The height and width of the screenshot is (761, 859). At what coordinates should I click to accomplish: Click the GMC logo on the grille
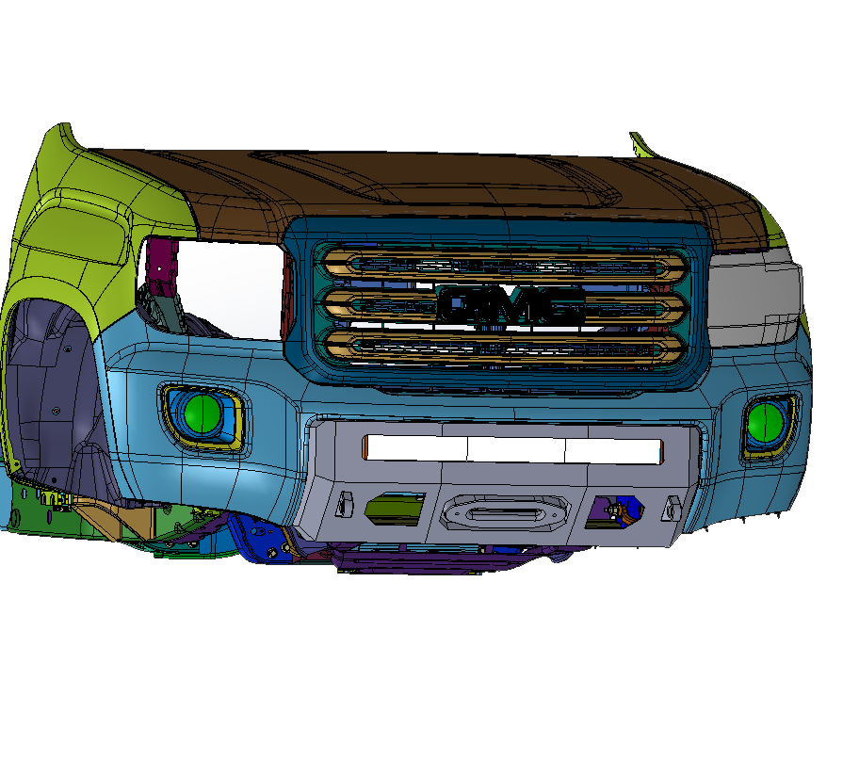click(x=511, y=303)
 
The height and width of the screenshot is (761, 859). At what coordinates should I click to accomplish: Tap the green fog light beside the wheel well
click(x=203, y=413)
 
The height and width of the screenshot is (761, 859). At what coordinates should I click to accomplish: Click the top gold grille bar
click(x=503, y=267)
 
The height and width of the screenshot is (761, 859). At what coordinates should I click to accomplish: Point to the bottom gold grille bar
click(x=503, y=348)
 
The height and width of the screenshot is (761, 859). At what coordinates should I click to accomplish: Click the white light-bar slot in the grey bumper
click(x=512, y=449)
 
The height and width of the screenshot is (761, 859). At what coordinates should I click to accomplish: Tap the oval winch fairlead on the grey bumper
click(x=504, y=513)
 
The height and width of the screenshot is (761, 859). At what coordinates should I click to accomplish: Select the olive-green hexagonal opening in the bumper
click(x=395, y=509)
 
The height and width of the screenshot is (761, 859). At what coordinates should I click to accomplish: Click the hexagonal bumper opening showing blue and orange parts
click(x=615, y=511)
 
